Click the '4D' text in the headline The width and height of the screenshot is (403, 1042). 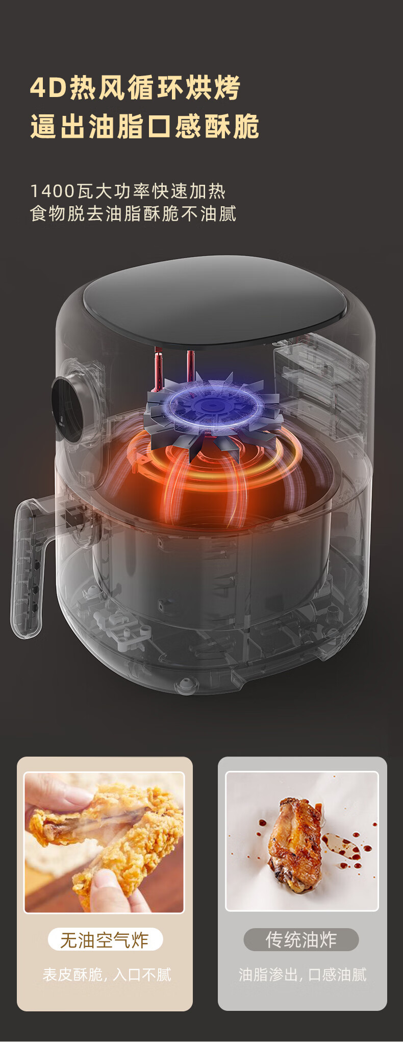click(x=49, y=87)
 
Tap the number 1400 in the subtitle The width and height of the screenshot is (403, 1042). click(x=53, y=191)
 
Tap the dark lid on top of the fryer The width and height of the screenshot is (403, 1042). click(x=215, y=301)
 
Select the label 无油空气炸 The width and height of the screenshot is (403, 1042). click(x=105, y=940)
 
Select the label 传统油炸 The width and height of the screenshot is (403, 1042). click(x=301, y=940)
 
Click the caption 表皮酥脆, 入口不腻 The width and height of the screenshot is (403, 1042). click(x=107, y=975)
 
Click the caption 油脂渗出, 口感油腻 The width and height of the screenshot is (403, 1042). click(x=303, y=975)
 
